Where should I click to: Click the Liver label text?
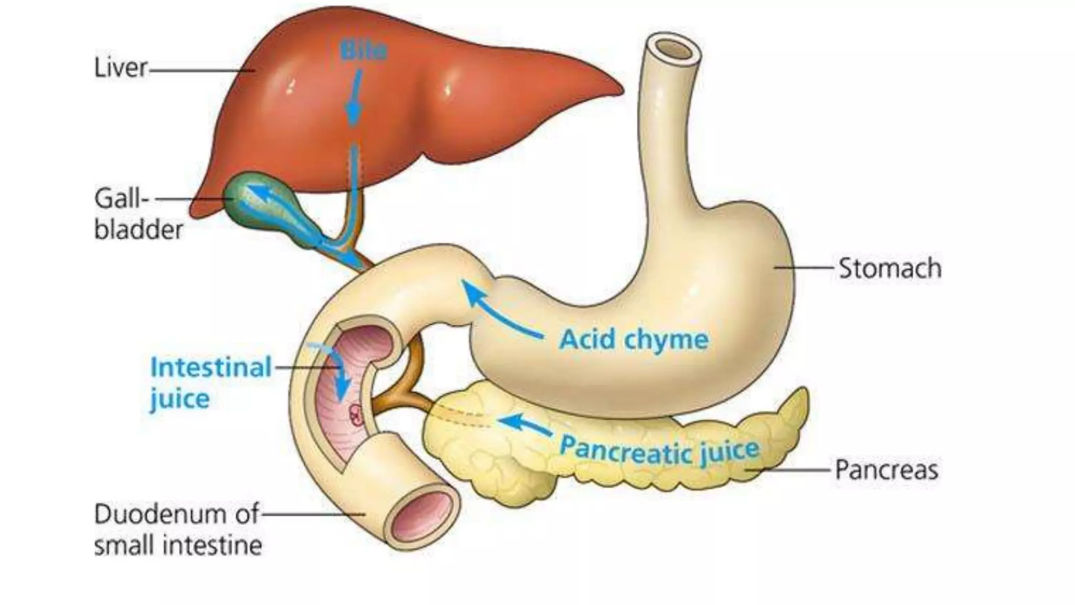[120, 68]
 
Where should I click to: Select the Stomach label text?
[890, 268]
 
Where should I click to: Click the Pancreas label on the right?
[886, 470]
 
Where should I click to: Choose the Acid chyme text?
[634, 339]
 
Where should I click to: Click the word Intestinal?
[210, 367]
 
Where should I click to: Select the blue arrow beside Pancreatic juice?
[524, 424]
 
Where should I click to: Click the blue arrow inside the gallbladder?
[262, 195]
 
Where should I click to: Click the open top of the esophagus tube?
[674, 49]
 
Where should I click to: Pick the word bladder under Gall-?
[139, 230]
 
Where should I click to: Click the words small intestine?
[178, 545]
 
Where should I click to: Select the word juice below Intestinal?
[180, 399]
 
